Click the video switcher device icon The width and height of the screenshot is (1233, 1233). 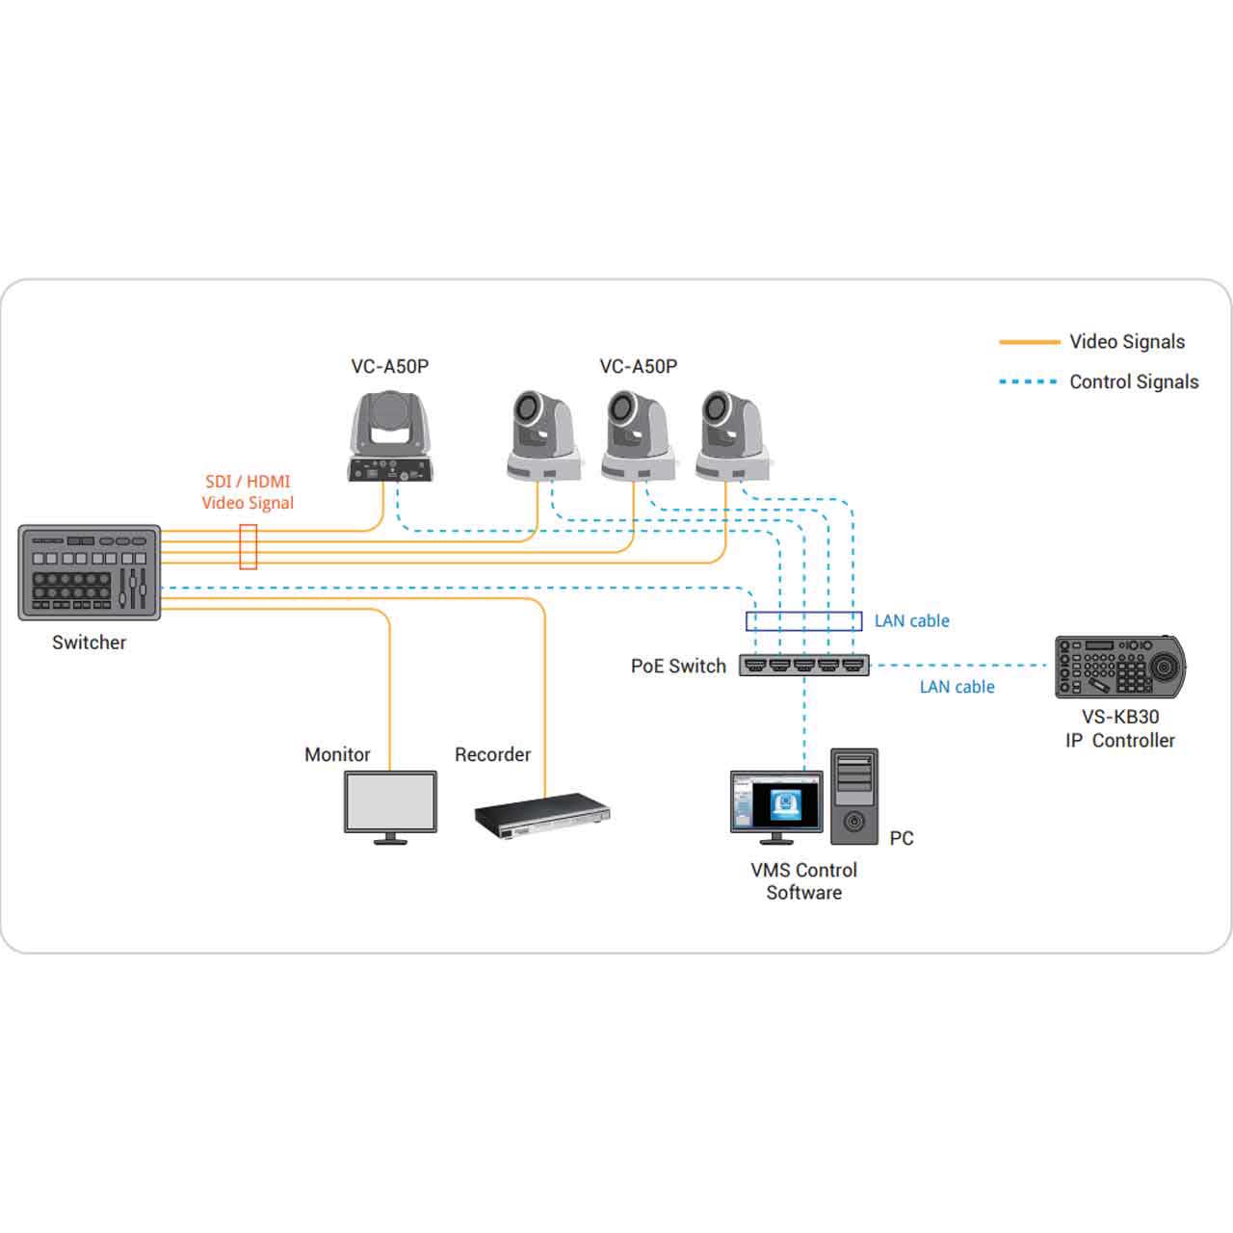90,572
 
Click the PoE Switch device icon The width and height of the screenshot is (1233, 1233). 804,665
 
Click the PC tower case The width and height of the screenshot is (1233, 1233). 854,797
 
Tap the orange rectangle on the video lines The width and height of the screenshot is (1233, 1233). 248,546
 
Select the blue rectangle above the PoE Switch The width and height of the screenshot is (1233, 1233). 804,621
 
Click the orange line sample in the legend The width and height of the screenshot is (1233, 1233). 1029,342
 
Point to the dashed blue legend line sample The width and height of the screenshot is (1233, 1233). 1029,382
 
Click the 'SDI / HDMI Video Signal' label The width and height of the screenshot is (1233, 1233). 248,491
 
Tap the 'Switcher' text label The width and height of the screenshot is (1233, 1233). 89,643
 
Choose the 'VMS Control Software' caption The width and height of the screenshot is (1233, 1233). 803,880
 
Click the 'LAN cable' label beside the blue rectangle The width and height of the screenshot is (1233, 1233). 911,621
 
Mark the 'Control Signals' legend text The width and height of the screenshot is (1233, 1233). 1134,382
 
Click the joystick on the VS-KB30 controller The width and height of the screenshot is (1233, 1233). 1166,665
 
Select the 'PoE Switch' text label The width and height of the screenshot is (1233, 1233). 678,667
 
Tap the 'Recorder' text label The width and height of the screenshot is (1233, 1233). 492,754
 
